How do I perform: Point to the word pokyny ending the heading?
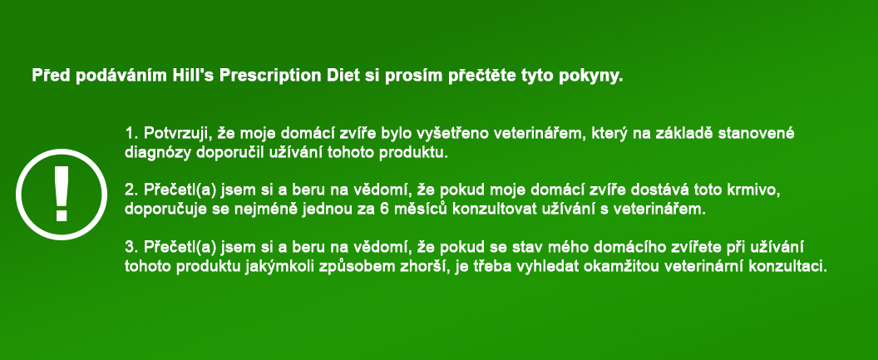(x=594, y=75)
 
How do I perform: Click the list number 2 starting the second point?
(x=129, y=190)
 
